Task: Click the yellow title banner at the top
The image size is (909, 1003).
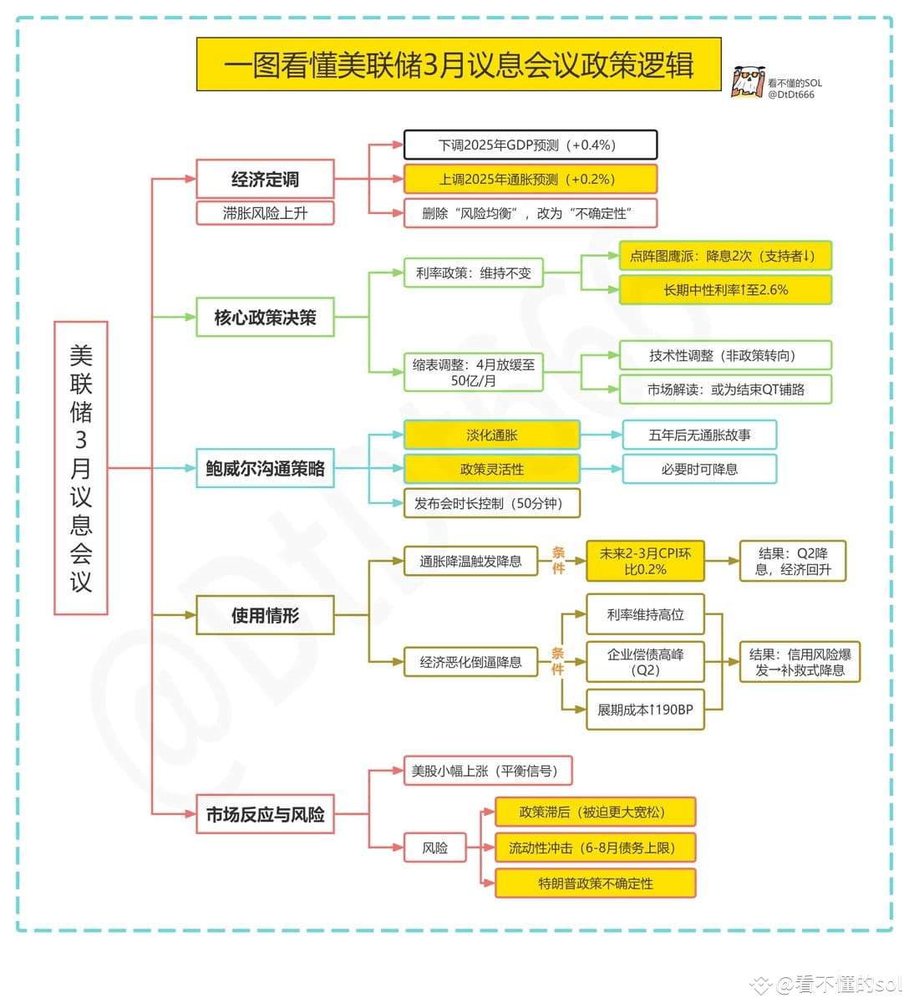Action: [x=459, y=64]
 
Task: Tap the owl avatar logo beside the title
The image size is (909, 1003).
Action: [x=748, y=82]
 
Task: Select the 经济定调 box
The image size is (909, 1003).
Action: [x=265, y=179]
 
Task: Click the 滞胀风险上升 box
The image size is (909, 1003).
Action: [x=265, y=213]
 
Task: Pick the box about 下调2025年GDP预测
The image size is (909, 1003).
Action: [x=531, y=145]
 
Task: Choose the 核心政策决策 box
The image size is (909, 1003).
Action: [x=265, y=317]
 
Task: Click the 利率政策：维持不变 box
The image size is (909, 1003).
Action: [x=474, y=273]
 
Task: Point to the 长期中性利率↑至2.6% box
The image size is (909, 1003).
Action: [x=725, y=290]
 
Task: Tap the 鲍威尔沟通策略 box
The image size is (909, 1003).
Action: [x=265, y=468]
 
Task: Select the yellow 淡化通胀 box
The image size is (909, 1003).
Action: [x=492, y=435]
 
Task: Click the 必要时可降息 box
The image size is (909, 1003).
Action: [x=699, y=469]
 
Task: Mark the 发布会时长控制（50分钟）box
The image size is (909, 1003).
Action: [x=492, y=503]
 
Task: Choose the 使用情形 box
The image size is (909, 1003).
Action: [x=265, y=615]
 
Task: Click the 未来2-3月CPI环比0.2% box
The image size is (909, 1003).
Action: [x=646, y=561]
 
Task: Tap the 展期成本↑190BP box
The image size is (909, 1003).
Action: [x=646, y=710]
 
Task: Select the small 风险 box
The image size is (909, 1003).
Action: [x=435, y=848]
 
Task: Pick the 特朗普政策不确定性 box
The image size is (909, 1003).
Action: [x=596, y=883]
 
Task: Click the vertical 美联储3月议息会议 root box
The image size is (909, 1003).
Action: [x=81, y=468]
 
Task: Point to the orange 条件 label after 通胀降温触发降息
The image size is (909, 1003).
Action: [x=558, y=561]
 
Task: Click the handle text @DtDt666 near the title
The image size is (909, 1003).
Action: [x=791, y=94]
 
